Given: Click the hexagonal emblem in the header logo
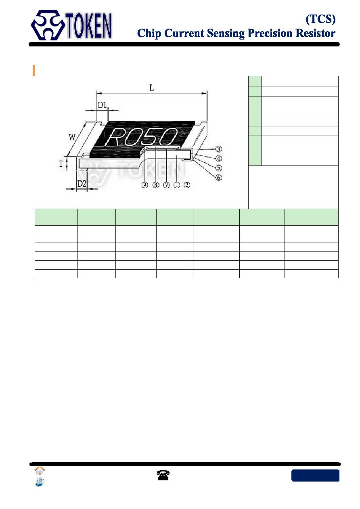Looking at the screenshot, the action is [48, 25].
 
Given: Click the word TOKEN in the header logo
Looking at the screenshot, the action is [89, 26].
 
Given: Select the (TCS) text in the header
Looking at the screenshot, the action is [320, 19].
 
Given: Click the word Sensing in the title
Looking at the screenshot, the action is [226, 34].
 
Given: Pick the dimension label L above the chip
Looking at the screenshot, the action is [151, 88].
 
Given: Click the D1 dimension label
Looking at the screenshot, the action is [102, 105].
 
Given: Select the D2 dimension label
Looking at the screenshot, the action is [82, 183].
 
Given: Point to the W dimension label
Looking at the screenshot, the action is [72, 137].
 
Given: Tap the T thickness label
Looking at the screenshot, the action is [61, 163].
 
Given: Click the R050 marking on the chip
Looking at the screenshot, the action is [141, 136].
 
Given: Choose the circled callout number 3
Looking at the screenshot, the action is [218, 149].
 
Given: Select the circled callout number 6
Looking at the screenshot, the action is [218, 178].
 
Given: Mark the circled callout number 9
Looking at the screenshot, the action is [144, 185].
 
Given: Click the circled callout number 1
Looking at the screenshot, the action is [177, 185].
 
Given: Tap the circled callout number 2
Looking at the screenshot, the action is [187, 185].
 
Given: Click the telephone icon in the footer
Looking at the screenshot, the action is [163, 475].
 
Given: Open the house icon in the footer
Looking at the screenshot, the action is [40, 471].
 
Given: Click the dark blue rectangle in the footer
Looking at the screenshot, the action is [315, 475].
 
